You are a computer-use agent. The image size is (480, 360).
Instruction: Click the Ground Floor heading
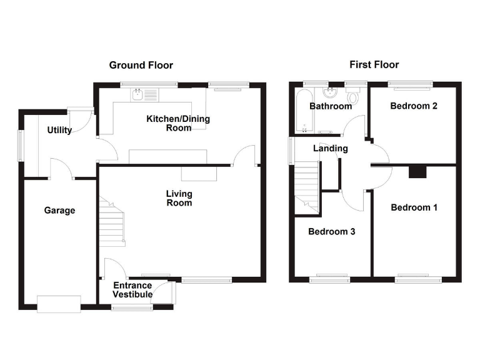point(141,65)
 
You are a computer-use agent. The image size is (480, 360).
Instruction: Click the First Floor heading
point(373,65)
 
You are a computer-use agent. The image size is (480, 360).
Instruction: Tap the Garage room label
point(59,211)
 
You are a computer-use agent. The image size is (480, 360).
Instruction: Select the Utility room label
point(59,130)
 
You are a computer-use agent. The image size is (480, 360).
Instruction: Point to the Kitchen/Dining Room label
point(178,123)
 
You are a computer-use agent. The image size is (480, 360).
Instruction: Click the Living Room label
point(179,198)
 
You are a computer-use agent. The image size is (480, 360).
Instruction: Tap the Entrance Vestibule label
point(132,290)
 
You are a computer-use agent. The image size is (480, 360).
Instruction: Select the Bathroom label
point(331,106)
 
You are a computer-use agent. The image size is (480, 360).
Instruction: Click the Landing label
point(330,149)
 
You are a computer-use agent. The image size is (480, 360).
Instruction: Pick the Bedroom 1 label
point(414,207)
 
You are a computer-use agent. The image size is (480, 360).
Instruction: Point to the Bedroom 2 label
point(413,106)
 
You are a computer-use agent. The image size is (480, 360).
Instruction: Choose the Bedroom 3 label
point(332,232)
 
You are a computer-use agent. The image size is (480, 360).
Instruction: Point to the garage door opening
point(59,304)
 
